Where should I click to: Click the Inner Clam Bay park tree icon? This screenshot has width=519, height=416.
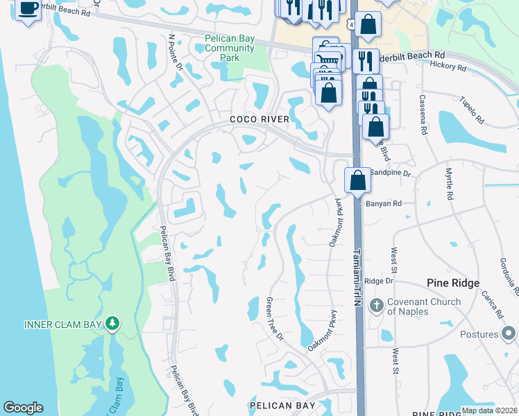pos(112,324)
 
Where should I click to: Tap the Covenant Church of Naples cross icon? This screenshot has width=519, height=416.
pos(376,306)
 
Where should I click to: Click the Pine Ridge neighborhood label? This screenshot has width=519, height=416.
pos(453,283)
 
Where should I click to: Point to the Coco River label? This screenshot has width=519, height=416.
pos(259,119)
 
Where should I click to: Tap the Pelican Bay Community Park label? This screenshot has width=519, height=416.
pos(230,48)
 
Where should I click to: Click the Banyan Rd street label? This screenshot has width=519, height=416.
pos(388,204)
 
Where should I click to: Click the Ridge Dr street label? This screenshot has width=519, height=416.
pos(379,281)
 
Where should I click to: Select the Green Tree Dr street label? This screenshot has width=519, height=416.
pos(275,320)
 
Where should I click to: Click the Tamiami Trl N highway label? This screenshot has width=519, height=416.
pos(358,277)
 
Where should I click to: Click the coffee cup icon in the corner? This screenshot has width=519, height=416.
pos(28,9)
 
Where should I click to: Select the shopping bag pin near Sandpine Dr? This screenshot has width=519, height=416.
pos(357,180)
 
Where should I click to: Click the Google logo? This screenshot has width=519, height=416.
pos(23,408)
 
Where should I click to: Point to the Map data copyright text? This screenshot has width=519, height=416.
pos(488,410)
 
